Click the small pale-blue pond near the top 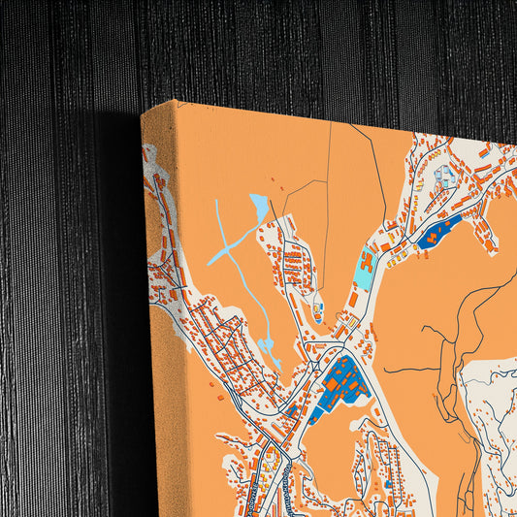click(260, 205)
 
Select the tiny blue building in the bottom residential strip click(388, 482)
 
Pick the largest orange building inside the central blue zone click(333, 385)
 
